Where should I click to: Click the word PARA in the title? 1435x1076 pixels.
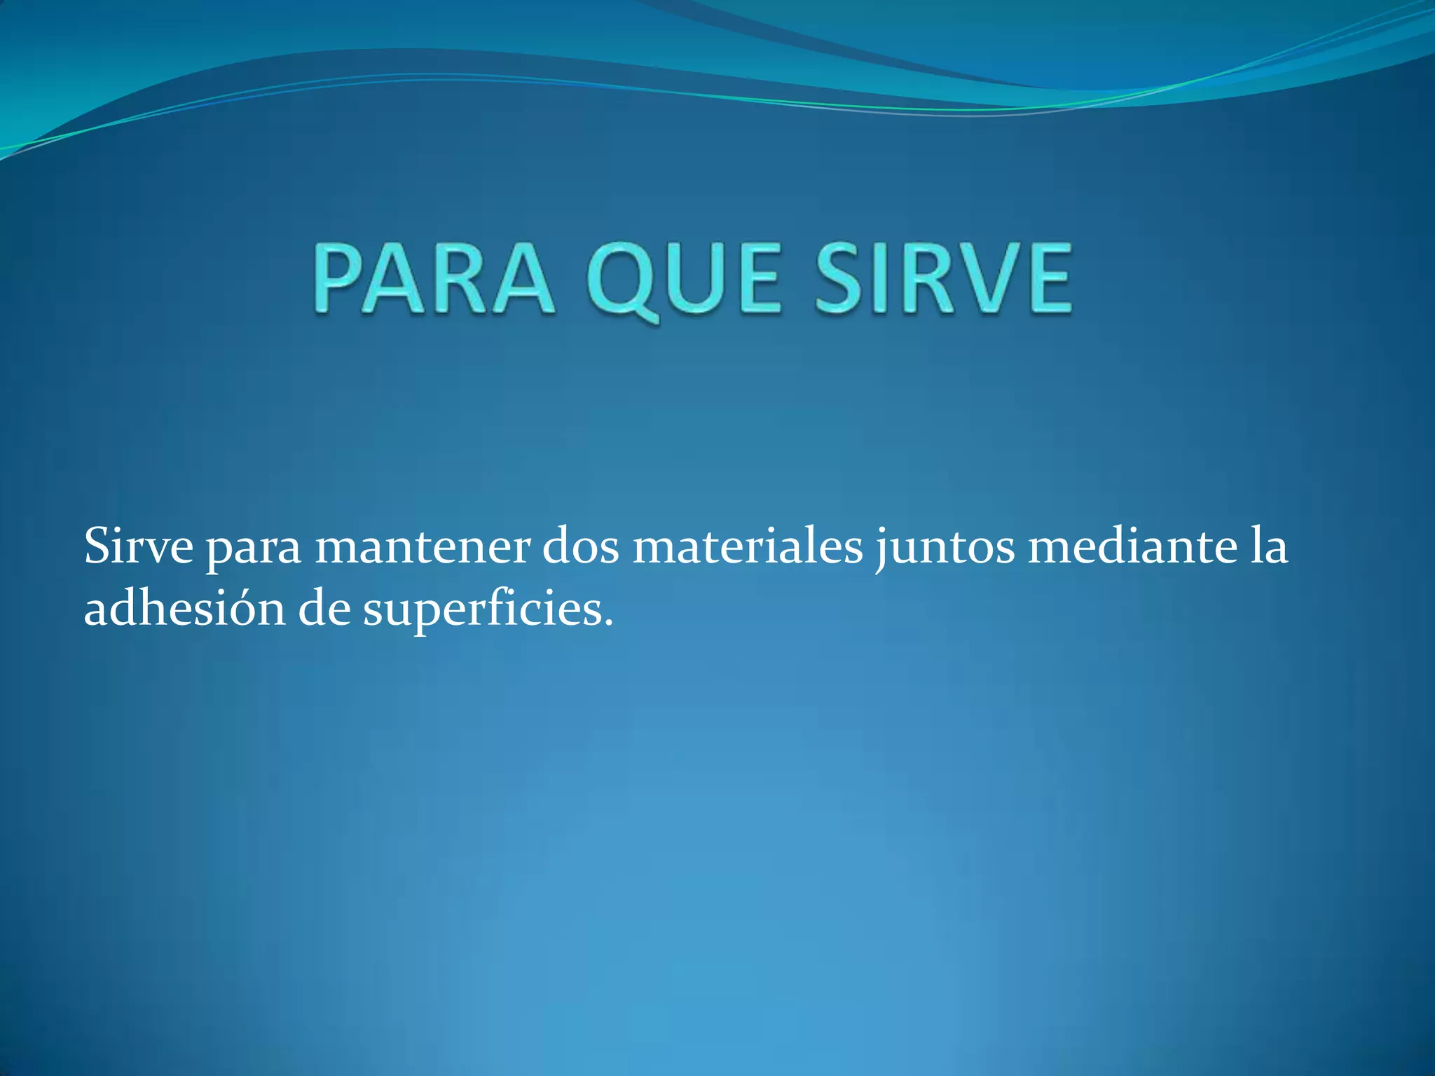[432, 278]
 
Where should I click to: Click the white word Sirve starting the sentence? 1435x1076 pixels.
[138, 546]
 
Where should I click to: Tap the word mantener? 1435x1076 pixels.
[422, 546]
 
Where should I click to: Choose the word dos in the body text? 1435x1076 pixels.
[581, 546]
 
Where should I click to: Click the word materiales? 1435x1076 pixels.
[748, 546]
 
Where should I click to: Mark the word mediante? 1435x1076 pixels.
[1132, 546]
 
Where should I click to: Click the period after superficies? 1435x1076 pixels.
[607, 623]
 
